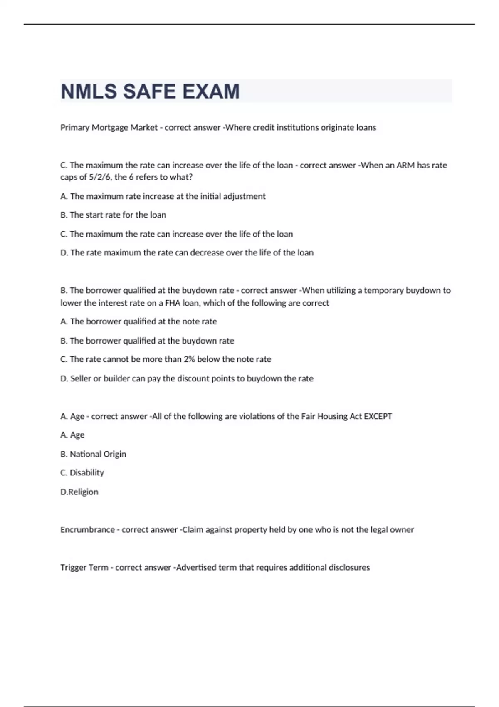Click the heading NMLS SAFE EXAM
150,91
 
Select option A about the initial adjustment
163,196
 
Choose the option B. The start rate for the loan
113,215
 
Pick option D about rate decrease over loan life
187,253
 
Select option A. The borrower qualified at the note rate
138,321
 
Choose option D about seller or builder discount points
187,378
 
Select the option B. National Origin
93,454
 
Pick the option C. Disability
82,473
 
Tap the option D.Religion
79,492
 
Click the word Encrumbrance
87,530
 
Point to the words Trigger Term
84,568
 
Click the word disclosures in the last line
349,568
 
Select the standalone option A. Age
72,435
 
